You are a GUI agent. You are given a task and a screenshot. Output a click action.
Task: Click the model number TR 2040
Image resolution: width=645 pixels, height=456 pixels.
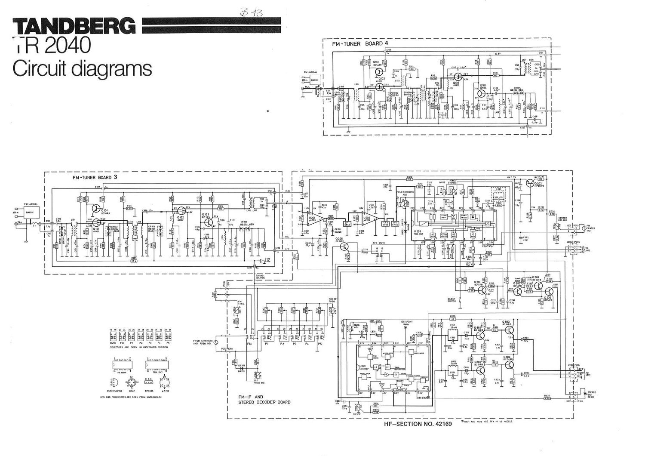[52, 45]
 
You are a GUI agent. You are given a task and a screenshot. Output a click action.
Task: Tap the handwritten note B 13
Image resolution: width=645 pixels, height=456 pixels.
[254, 12]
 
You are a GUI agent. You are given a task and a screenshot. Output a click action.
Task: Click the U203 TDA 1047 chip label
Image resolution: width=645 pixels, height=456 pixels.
[418, 233]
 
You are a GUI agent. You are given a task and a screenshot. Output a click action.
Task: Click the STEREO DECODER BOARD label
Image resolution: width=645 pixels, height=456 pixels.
[264, 402]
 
